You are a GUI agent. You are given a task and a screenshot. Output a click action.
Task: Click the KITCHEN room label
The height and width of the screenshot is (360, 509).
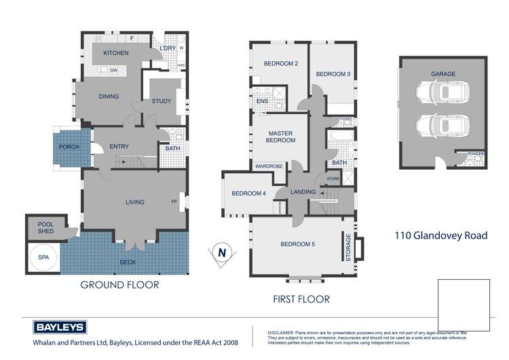pos(116,53)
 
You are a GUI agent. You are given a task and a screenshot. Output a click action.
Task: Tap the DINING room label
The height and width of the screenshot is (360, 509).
pos(109,96)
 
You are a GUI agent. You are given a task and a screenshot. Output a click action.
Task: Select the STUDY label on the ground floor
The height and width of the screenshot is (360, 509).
pos(162,102)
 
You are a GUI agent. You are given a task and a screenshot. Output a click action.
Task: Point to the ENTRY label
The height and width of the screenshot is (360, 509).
pos(119,147)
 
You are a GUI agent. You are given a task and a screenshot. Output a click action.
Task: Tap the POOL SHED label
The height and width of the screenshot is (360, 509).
pos(45,228)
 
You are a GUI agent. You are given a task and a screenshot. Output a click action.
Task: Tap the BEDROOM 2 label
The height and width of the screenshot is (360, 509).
pos(281,64)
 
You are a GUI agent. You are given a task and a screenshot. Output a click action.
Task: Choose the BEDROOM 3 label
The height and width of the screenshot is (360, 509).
pos(333,74)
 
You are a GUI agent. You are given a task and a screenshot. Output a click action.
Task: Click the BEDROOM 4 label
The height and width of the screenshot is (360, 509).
pos(248,194)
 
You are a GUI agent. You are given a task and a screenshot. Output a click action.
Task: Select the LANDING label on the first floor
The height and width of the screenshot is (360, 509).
pos(303,192)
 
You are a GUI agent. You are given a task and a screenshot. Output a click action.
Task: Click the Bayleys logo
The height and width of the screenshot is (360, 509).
pos(60,327)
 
